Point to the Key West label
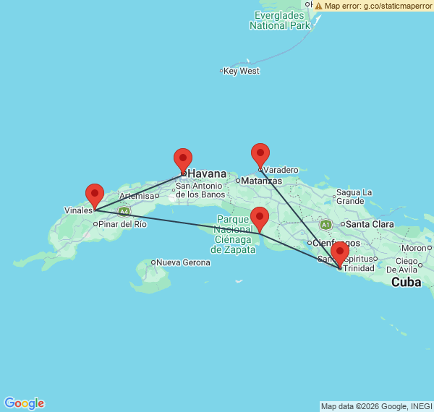click(x=242, y=71)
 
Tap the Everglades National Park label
click(x=280, y=20)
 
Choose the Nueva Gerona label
click(x=184, y=262)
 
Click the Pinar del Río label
click(x=124, y=224)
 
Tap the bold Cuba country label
click(x=406, y=282)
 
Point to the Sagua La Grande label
click(x=354, y=197)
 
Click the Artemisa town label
click(x=137, y=196)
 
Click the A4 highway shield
click(x=124, y=212)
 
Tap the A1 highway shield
click(x=325, y=225)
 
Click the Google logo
click(x=24, y=403)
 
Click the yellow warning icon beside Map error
click(x=318, y=5)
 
